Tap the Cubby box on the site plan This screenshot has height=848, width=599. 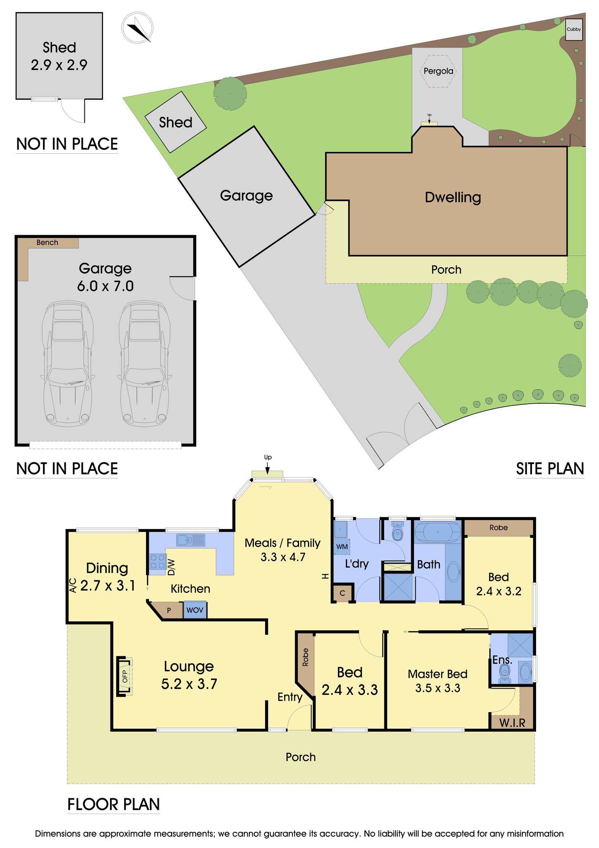[x=574, y=29]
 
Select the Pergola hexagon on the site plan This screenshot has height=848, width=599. [x=438, y=71]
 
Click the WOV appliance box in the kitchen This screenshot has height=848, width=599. [x=195, y=610]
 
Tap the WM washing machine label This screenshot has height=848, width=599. [x=342, y=547]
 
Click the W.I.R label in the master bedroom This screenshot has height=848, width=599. [x=512, y=723]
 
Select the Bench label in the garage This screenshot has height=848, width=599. [x=47, y=243]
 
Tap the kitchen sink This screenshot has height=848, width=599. [x=191, y=540]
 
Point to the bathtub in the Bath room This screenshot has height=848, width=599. [x=438, y=532]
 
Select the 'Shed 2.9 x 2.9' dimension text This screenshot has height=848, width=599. [x=59, y=56]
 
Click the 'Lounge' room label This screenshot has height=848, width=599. [x=189, y=666]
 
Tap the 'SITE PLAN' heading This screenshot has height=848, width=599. [x=550, y=468]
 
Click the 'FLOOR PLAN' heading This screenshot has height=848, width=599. [x=113, y=804]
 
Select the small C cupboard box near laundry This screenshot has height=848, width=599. [x=343, y=593]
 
